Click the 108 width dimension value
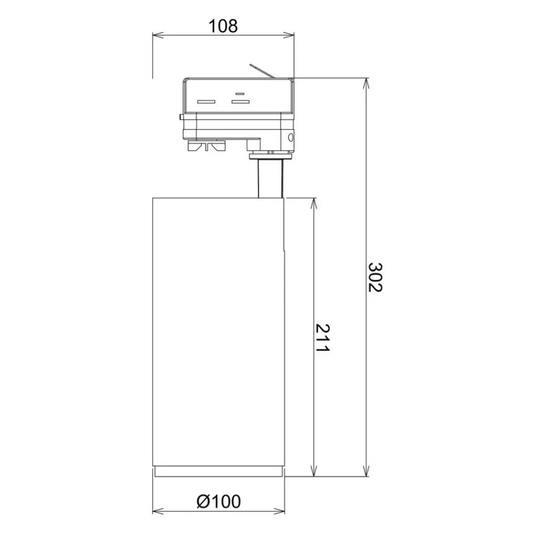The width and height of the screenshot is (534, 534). [223, 26]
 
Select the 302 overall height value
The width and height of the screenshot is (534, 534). [375, 277]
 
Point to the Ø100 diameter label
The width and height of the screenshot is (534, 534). [218, 501]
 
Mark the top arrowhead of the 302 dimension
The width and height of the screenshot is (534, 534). [366, 84]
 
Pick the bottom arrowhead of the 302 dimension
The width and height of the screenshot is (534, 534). [366, 470]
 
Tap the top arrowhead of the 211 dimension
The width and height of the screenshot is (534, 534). [313, 203]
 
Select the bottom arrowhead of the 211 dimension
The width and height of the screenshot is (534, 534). [313, 470]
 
